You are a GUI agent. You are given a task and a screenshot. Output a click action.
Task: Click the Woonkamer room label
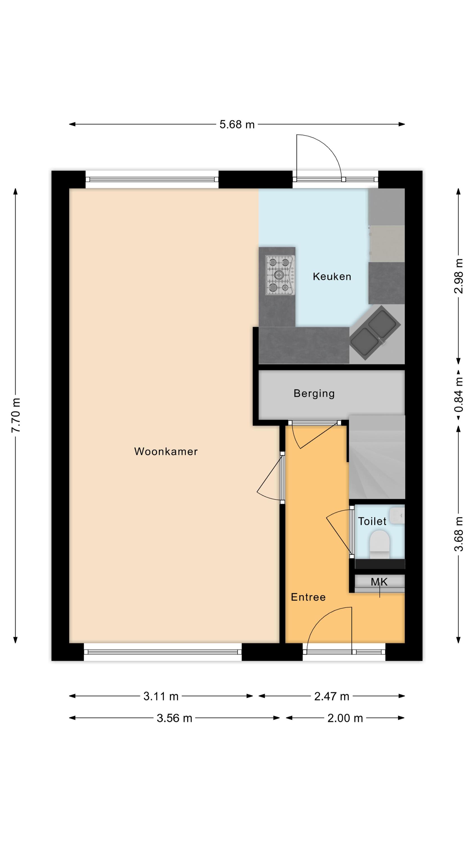pyautogui.click(x=166, y=451)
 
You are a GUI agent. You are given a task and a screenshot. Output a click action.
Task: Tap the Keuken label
pyautogui.click(x=332, y=276)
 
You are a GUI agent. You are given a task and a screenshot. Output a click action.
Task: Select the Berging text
pyautogui.click(x=314, y=393)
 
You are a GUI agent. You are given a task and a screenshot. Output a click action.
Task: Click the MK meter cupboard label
pyautogui.click(x=379, y=582)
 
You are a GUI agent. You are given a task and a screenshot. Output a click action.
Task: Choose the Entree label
pyautogui.click(x=308, y=597)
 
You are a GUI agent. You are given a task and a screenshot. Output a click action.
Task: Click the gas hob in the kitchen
pyautogui.click(x=280, y=275)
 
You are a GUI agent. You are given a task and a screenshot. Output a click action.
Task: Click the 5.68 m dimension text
pyautogui.click(x=237, y=125)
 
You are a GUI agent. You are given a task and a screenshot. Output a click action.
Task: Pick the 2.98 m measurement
pyautogui.click(x=459, y=276)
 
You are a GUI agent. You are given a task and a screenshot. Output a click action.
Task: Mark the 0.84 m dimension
pyautogui.click(x=459, y=395)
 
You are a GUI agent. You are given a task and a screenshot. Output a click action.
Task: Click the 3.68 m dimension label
pyautogui.click(x=459, y=534)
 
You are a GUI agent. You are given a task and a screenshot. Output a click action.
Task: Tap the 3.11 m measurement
pyautogui.click(x=161, y=697)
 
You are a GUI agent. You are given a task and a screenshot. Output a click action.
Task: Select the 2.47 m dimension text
pyautogui.click(x=332, y=697)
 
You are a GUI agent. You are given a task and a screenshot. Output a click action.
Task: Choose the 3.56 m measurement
pyautogui.click(x=174, y=718)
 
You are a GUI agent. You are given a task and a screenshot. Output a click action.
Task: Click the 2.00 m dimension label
pyautogui.click(x=345, y=718)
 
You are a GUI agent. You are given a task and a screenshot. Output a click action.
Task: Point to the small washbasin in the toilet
pyautogui.click(x=397, y=516)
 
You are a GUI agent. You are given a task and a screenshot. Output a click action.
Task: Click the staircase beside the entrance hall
pyautogui.click(x=377, y=457)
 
